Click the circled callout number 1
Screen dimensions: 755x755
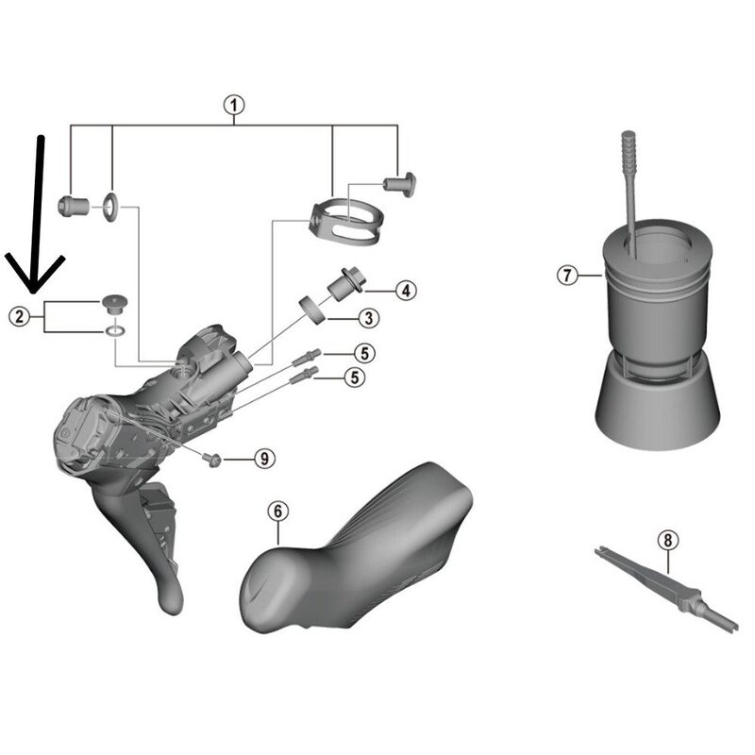pyautogui.click(x=233, y=105)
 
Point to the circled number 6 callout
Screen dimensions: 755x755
pyautogui.click(x=276, y=511)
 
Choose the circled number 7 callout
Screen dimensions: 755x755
pyautogui.click(x=565, y=276)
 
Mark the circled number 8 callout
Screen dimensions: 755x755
pyautogui.click(x=668, y=540)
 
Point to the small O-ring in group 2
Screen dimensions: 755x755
pyautogui.click(x=113, y=331)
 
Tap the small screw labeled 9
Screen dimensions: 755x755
pyautogui.click(x=213, y=459)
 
